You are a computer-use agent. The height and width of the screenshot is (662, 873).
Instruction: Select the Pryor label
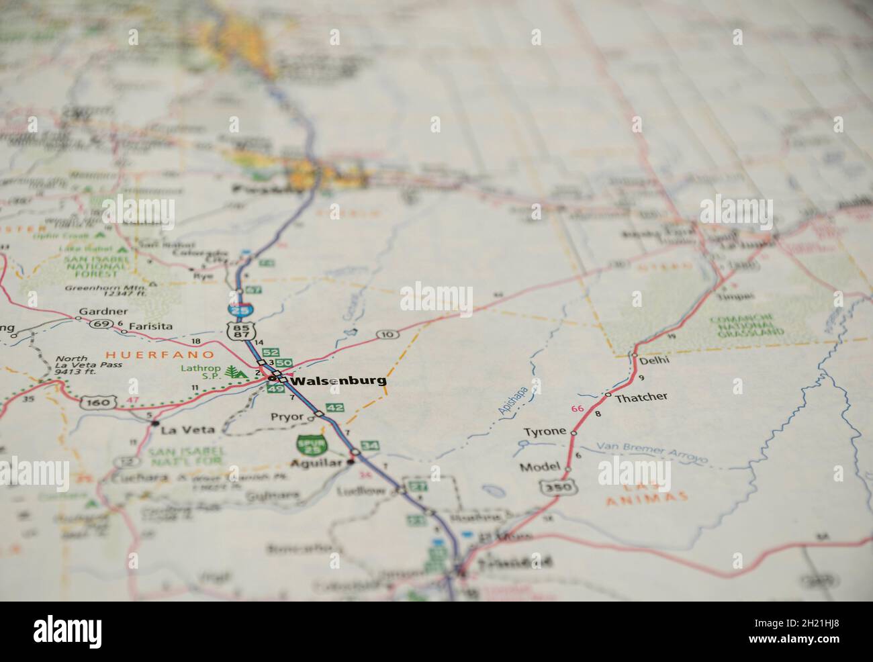coord(287,417)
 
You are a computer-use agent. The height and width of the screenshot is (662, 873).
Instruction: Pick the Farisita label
coord(150,326)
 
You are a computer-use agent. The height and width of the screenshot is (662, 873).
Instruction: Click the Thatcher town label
coord(641,397)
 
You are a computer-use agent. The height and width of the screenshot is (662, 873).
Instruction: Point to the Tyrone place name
coord(545,431)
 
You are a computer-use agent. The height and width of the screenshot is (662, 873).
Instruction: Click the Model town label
coord(539,467)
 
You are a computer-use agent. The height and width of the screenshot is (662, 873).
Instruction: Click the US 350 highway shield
coord(559,486)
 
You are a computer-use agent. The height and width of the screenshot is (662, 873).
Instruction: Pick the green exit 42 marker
coord(335,408)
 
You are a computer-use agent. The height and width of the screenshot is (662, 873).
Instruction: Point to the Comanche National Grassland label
coord(747,324)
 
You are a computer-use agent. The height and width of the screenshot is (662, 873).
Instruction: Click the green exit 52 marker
coord(271,352)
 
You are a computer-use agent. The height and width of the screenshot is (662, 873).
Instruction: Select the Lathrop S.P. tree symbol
coord(234,372)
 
